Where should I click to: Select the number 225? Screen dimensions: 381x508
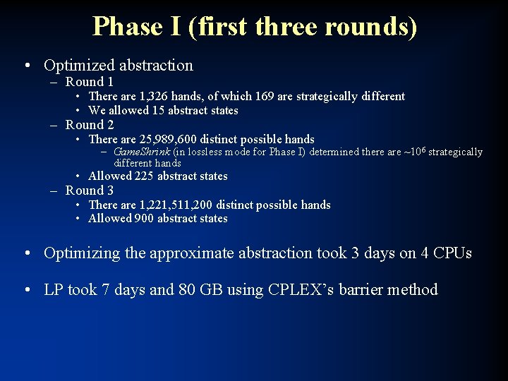point(143,176)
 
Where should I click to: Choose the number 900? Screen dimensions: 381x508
point(143,219)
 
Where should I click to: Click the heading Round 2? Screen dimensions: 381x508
point(90,125)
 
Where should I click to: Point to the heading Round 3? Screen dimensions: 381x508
point(90,190)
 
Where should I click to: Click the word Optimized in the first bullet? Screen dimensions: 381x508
point(74,66)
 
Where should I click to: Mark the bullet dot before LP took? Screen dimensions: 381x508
point(26,290)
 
